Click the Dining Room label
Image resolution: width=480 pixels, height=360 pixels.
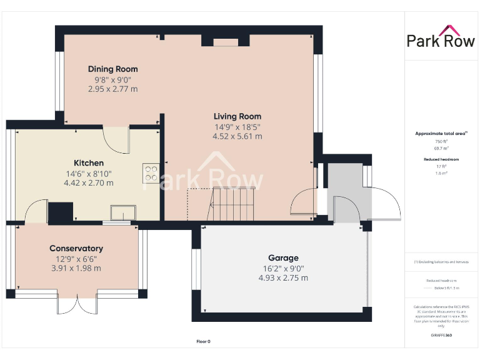(112, 69)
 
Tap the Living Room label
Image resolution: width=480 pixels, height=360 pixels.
(237, 116)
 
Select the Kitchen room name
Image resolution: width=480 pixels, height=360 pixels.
(89, 163)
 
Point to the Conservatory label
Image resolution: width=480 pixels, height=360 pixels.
(76, 248)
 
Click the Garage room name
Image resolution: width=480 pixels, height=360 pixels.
(283, 257)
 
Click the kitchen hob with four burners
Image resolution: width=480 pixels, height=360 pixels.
(151, 172)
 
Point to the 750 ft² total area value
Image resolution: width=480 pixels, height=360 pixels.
(441, 142)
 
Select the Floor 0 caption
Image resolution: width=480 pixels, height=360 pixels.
(203, 341)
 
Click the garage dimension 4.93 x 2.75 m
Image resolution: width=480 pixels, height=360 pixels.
(283, 277)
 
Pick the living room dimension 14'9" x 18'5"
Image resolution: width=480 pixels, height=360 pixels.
(237, 127)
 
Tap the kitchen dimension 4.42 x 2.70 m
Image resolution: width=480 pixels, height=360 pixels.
(89, 183)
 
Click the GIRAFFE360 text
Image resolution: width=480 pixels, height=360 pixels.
(441, 336)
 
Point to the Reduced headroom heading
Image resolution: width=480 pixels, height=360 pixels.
(441, 159)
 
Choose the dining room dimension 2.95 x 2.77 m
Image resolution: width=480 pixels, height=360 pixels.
(112, 89)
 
